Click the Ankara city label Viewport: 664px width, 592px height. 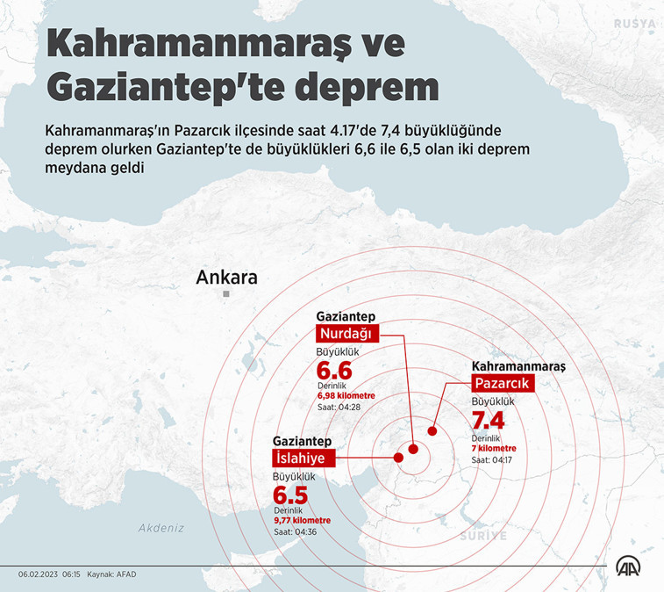click(x=226, y=278)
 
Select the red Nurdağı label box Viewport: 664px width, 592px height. click(x=346, y=334)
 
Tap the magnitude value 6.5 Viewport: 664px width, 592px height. click(x=291, y=494)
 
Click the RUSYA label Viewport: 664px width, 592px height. click(x=636, y=22)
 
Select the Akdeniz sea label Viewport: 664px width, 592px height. click(x=161, y=528)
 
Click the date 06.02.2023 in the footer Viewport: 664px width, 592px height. click(x=37, y=574)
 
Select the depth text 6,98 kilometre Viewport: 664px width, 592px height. click(x=346, y=395)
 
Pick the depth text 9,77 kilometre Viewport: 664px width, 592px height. click(x=303, y=520)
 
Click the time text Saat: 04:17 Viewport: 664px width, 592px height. click(x=492, y=459)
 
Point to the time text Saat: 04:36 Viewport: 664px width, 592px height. click(x=294, y=531)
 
